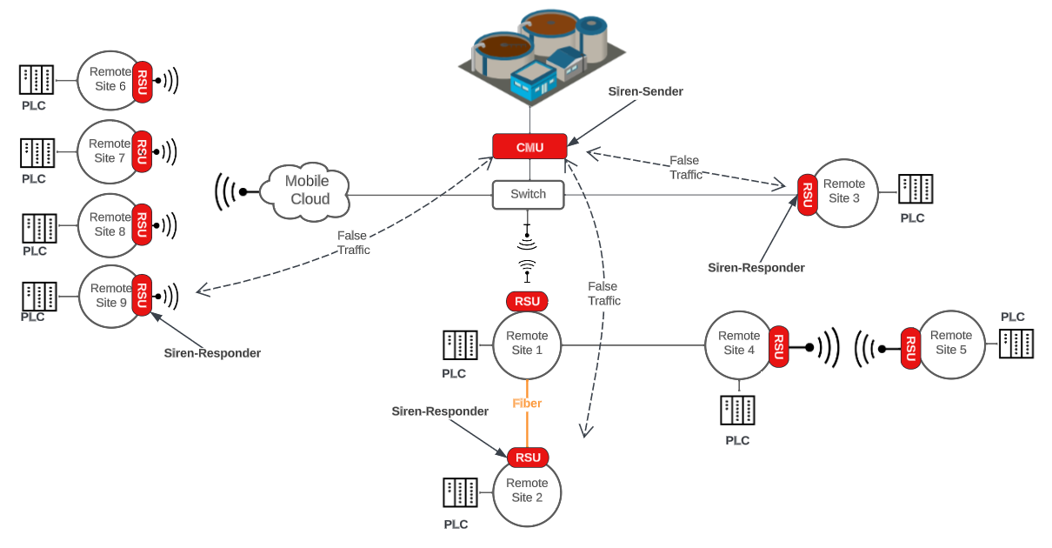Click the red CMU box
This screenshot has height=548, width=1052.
(x=529, y=146)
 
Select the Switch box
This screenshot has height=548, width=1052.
(x=528, y=194)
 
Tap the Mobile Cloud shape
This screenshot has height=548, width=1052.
(x=309, y=190)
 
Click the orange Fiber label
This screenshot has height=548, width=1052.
(x=527, y=404)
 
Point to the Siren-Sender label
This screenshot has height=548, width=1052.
(x=645, y=91)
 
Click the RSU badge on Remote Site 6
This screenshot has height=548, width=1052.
(x=143, y=82)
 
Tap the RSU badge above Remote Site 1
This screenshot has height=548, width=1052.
(x=527, y=302)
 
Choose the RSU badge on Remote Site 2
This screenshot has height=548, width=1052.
(x=528, y=458)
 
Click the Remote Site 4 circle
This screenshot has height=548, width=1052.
(x=737, y=344)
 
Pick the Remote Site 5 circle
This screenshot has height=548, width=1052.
(x=951, y=344)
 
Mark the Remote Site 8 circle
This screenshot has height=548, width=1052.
(x=110, y=225)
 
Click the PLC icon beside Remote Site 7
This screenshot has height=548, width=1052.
(x=37, y=153)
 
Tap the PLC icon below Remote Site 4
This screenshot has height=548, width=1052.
(x=737, y=410)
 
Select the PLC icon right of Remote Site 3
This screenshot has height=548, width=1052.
(x=916, y=189)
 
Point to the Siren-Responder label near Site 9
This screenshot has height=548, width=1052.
(x=212, y=353)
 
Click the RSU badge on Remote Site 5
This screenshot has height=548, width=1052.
(x=910, y=349)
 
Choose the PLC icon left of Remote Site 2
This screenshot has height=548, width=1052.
(x=460, y=492)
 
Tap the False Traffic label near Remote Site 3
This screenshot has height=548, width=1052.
(x=685, y=167)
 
